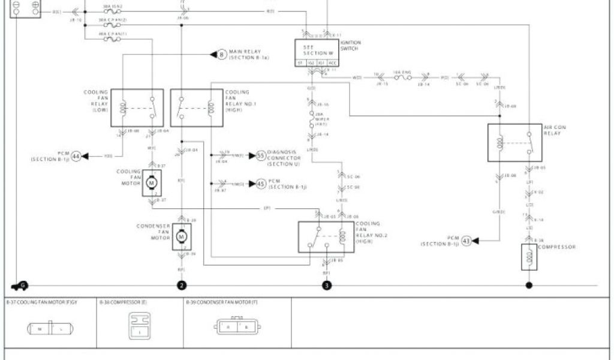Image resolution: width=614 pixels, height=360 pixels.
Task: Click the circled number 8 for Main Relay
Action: coord(221,55)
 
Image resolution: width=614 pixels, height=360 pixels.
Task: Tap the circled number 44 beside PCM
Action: coord(76,156)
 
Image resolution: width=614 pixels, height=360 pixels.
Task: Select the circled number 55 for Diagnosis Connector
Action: coord(261,155)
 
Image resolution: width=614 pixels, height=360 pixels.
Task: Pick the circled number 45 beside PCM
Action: coord(261,184)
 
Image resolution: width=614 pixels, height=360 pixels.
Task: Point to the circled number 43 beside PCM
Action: coord(467,241)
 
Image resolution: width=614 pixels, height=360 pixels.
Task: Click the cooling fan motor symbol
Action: coord(152,182)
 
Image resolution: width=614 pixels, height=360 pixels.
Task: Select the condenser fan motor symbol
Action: coord(181,238)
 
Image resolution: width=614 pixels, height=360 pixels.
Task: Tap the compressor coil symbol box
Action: coord(529,257)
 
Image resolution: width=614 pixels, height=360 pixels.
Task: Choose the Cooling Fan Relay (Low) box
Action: coord(137,108)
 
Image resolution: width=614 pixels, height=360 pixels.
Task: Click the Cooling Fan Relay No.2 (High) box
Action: coord(326,237)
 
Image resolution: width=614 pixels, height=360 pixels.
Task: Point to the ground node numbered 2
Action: coord(182,286)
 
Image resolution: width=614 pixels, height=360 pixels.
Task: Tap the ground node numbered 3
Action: coord(326,286)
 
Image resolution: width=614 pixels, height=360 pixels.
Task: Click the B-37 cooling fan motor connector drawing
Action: coord(49,329)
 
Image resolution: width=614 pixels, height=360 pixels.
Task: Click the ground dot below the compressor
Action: coord(529,285)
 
